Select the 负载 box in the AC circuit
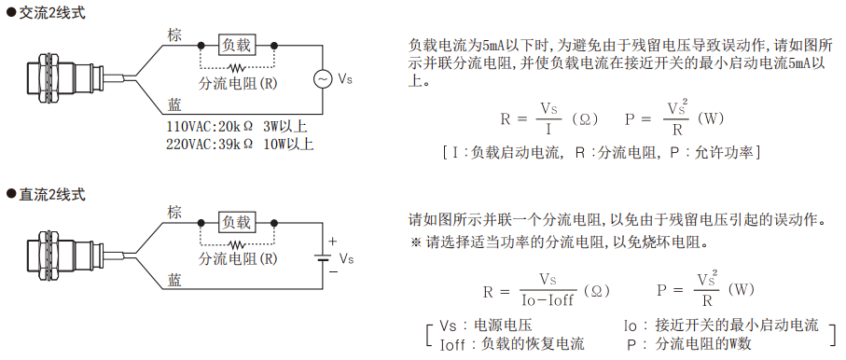pos(237,44)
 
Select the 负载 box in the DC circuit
pos(237,222)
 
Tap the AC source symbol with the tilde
pos(321,79)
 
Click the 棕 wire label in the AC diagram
pos(174,35)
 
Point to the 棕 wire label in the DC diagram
pos(174,213)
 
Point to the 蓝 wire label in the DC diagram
pos(174,280)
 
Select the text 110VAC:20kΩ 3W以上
pos(236,126)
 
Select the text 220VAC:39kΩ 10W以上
pos(240,144)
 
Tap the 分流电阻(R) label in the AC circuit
pos(238,84)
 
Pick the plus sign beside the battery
pos(332,241)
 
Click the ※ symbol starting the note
pos(416,242)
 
